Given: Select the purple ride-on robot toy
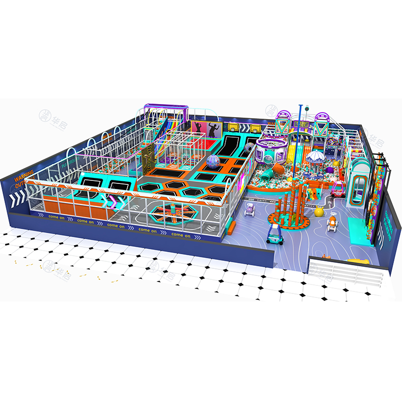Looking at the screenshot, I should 249,209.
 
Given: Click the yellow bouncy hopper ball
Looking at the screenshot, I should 319,212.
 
